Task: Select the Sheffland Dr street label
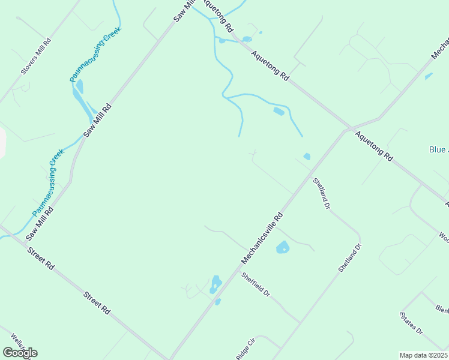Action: tap(321, 193)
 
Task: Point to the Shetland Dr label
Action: tap(349, 258)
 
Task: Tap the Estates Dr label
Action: tap(412, 323)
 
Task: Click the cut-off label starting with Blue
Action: tap(438, 149)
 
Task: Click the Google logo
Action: tap(20, 352)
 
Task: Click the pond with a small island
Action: tap(283, 247)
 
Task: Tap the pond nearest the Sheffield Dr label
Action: tap(215, 284)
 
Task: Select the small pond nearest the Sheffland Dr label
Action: tap(307, 157)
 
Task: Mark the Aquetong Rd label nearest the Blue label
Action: tap(373, 146)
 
